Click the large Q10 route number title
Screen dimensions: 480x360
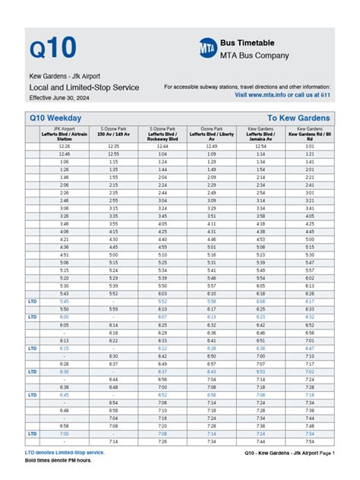(x=53, y=47)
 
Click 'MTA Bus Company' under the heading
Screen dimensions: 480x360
(x=254, y=55)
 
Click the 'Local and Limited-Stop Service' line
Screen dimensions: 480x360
(x=84, y=87)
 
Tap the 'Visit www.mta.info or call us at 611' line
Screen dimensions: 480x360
(x=283, y=96)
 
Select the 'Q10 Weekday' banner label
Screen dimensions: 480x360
(x=55, y=118)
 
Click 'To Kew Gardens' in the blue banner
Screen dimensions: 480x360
(x=298, y=118)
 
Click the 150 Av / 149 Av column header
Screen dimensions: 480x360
(x=112, y=133)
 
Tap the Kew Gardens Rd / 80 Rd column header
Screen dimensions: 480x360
(x=309, y=134)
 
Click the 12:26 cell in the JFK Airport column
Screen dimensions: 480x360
(x=64, y=147)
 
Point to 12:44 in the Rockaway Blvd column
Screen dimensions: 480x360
(x=162, y=147)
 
